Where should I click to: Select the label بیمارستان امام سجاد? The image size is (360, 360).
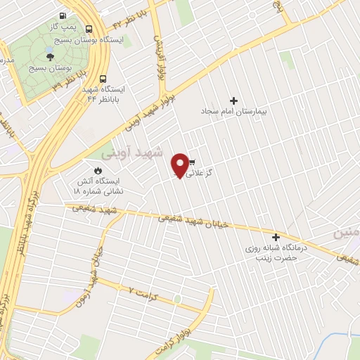coord(233,112)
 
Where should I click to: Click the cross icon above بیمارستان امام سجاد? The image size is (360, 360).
coord(234,101)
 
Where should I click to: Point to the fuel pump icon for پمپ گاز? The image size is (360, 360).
coord(63,16)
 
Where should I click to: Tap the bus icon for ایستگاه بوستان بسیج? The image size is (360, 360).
coord(89,30)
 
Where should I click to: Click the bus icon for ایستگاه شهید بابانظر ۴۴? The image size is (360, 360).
coord(103,79)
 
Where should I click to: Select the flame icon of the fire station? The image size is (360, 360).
coord(98,171)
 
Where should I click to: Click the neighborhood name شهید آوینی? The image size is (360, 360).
coord(132,152)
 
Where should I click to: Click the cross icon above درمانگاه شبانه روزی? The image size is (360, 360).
coord(276,238)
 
